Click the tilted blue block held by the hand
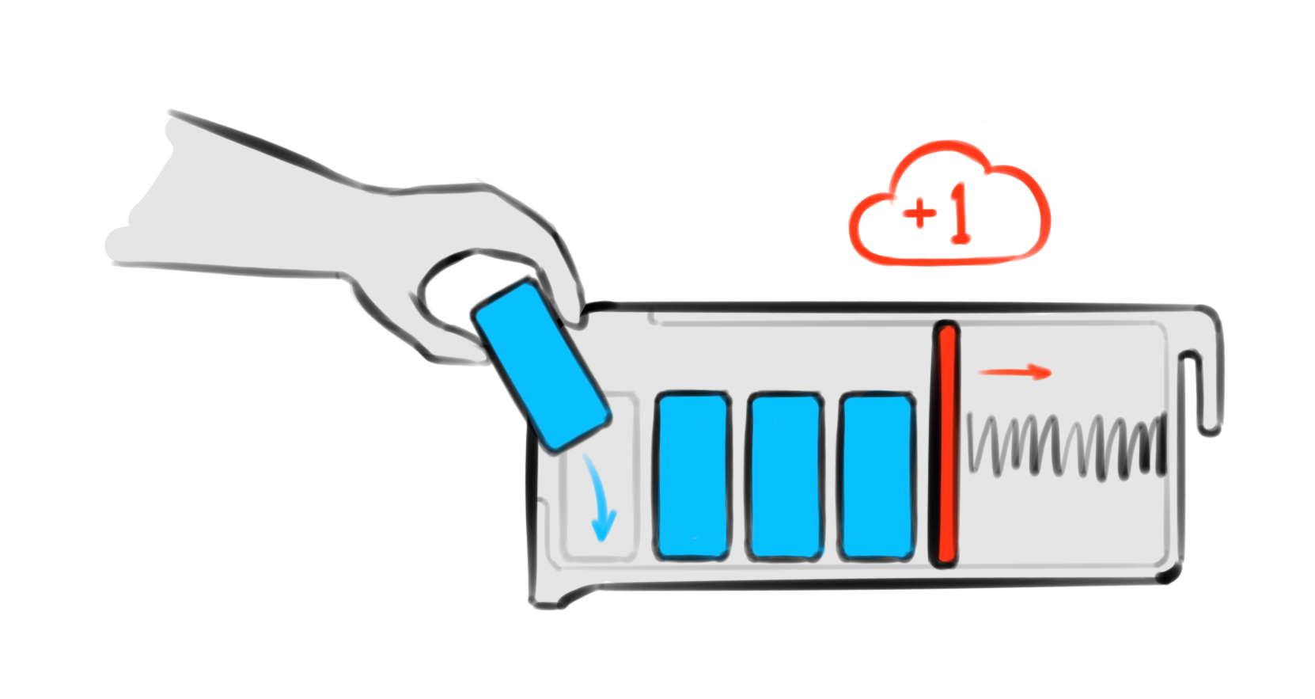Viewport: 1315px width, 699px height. point(541,366)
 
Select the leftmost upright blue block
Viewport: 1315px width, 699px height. point(693,476)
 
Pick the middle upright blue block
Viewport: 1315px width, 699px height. point(785,476)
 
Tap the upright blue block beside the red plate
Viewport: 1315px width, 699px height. point(877,476)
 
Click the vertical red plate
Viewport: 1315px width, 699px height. point(946,445)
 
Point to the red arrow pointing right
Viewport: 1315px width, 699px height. point(1014,372)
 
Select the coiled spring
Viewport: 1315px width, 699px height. point(1066,446)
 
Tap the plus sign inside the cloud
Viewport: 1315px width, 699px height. point(919,213)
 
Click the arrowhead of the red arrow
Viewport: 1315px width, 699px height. point(1041,372)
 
